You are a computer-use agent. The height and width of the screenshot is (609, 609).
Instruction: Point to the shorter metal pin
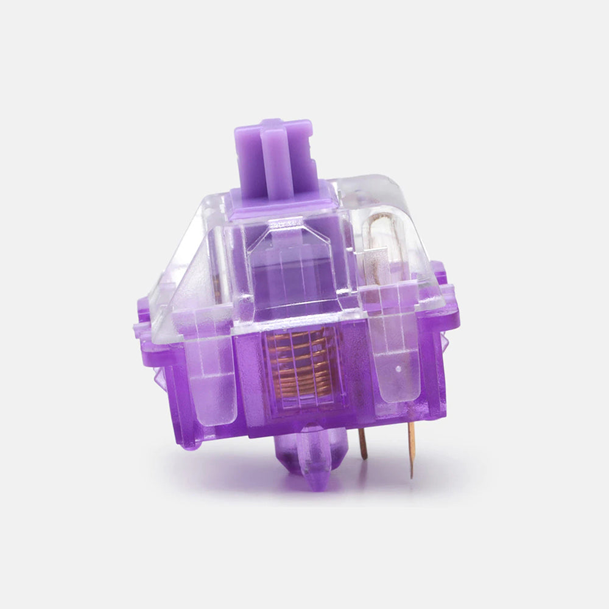pyautogui.click(x=363, y=443)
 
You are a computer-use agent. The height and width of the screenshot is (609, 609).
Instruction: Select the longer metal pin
pyautogui.click(x=412, y=448)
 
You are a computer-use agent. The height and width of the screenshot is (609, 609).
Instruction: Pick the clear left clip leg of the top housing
pyautogui.click(x=210, y=371)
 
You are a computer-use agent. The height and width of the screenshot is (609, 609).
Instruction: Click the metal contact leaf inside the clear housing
pyautogui.click(x=381, y=244)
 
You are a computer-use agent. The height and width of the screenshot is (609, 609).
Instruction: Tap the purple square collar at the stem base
pyautogui.click(x=283, y=198)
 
